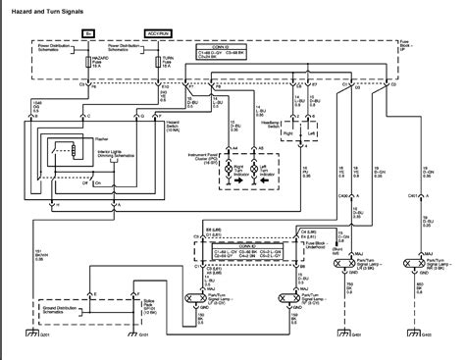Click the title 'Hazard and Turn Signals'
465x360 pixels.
click(x=45, y=8)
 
